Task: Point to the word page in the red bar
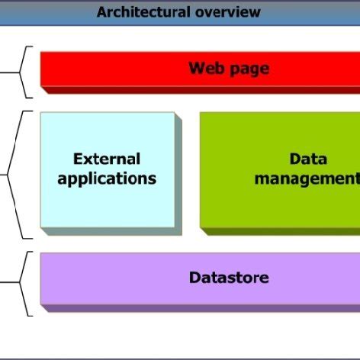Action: [249, 69]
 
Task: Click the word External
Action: [107, 159]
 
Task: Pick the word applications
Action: [107, 179]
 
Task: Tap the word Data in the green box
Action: [308, 159]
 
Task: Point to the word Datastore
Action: [229, 278]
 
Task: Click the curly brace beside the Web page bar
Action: [26, 72]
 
